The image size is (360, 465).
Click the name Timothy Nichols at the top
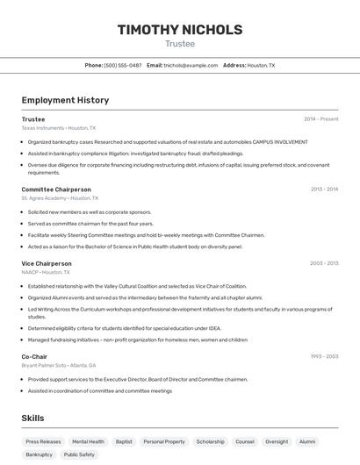[180, 30]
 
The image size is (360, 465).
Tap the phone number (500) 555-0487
[123, 66]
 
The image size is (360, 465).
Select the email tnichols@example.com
[191, 66]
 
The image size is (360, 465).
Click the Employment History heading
[65, 100]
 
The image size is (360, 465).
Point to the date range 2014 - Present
[320, 119]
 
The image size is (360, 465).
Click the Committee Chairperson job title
[56, 190]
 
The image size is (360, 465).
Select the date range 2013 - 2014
[324, 190]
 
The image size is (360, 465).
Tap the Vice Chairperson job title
[47, 263]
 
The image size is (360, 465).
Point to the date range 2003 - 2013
[324, 263]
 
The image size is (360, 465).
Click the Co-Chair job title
[34, 356]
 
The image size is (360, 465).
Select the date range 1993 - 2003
[324, 356]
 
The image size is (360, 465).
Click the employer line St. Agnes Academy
[57, 198]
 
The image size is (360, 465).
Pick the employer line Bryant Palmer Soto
[59, 365]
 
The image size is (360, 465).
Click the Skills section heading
[33, 418]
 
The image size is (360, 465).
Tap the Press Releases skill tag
[44, 442]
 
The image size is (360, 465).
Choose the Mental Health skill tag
[88, 442]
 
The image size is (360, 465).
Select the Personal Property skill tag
[164, 442]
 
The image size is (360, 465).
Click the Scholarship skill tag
[210, 442]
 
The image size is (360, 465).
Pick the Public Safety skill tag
[79, 455]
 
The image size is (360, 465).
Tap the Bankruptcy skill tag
[39, 455]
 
